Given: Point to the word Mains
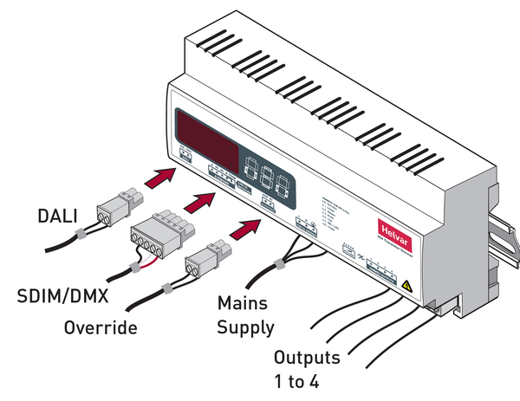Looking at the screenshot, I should (x=240, y=305).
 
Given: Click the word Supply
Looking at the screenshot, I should (x=244, y=328).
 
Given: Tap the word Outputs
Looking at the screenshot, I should (x=307, y=357).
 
